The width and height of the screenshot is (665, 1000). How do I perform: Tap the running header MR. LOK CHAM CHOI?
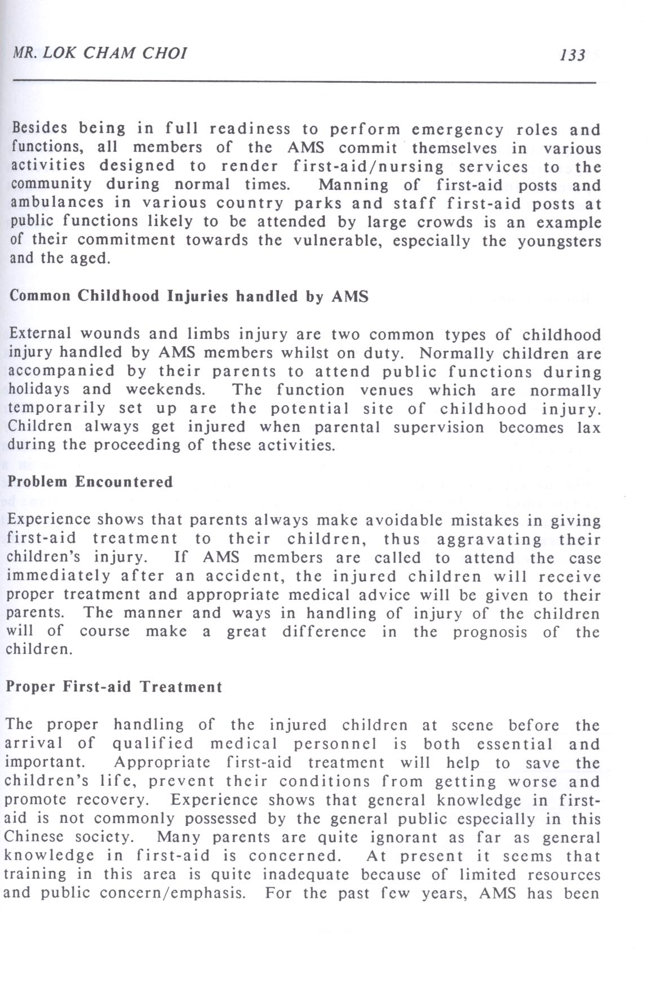(x=100, y=53)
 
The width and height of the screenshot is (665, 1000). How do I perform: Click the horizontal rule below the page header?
(x=304, y=82)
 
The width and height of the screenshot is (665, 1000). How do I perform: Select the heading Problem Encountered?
(x=90, y=482)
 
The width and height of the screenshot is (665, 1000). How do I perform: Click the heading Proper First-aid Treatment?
(x=114, y=687)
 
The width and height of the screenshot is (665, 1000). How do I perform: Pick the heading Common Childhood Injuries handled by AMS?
(x=189, y=297)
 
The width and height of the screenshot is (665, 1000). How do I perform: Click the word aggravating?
(x=489, y=539)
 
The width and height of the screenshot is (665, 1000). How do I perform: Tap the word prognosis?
(x=490, y=632)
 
